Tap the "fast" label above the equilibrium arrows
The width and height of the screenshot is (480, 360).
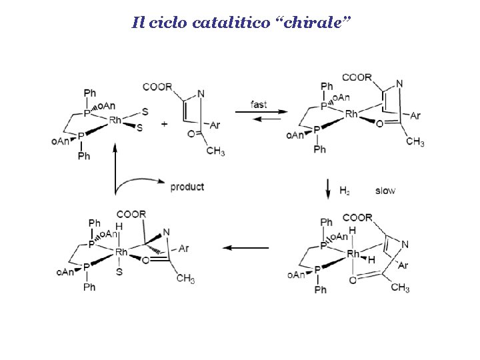pyautogui.click(x=259, y=104)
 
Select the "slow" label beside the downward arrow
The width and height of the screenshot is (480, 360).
pyautogui.click(x=385, y=191)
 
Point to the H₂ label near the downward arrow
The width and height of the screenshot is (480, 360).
pyautogui.click(x=345, y=191)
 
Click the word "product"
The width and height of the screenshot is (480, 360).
pyautogui.click(x=187, y=187)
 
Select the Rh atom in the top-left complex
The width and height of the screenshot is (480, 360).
pyautogui.click(x=115, y=120)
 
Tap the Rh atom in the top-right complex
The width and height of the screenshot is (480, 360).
pyautogui.click(x=351, y=115)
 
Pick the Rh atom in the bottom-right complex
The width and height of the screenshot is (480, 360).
pyautogui.click(x=353, y=254)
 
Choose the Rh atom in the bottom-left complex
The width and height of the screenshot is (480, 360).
pyautogui.click(x=121, y=252)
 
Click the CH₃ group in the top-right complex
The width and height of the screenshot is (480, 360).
pyautogui.click(x=415, y=142)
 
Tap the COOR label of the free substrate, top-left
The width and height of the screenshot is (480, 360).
pyautogui.click(x=157, y=87)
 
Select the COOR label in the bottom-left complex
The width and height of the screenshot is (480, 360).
pyautogui.click(x=133, y=214)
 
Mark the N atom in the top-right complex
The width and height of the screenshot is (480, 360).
pyautogui.click(x=399, y=83)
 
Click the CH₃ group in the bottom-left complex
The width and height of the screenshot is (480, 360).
pyautogui.click(x=185, y=279)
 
